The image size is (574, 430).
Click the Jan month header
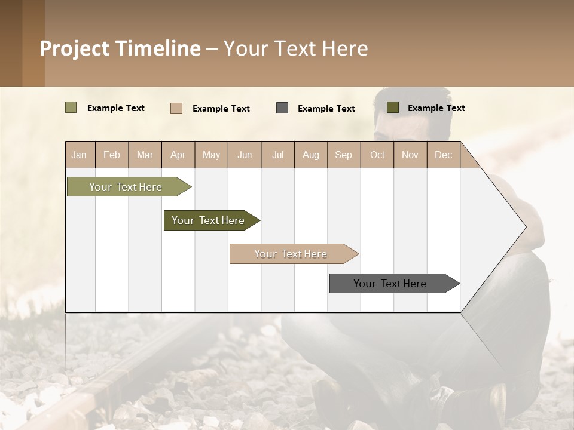pyautogui.click(x=79, y=155)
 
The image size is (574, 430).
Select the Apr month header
pyautogui.click(x=178, y=155)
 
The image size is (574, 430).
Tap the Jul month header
pyautogui.click(x=277, y=155)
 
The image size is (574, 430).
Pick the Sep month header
pyautogui.click(x=343, y=155)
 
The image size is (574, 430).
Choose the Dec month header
pyautogui.click(x=443, y=155)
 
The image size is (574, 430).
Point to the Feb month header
pyautogui.click(x=112, y=155)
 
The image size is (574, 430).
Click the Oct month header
pyautogui.click(x=377, y=155)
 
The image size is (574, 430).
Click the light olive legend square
pyautogui.click(x=71, y=107)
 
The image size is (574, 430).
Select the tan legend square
pyautogui.click(x=176, y=108)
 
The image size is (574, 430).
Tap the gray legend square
pyautogui.click(x=282, y=108)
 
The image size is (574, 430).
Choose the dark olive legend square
pyautogui.click(x=392, y=107)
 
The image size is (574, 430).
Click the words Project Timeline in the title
pyautogui.click(x=120, y=48)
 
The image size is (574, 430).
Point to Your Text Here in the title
pyautogui.click(x=296, y=48)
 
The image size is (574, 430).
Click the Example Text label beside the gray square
pyautogui.click(x=326, y=109)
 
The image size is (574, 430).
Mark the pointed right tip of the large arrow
pyautogui.click(x=524, y=227)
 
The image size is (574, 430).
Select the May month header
pyautogui.click(x=211, y=155)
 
